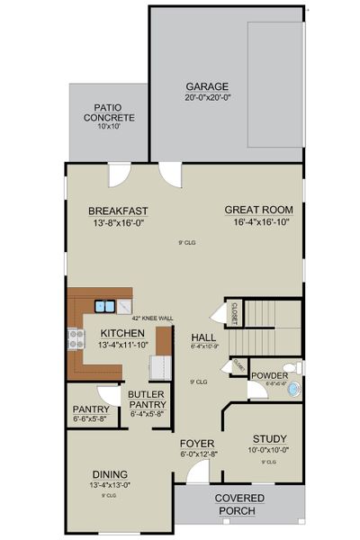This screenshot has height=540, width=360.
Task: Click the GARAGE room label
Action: [x=207, y=87]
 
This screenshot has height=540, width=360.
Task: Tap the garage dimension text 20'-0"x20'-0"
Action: [x=207, y=98]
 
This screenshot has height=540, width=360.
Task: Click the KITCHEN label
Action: [x=122, y=334]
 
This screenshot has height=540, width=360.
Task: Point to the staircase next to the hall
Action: [x=273, y=315]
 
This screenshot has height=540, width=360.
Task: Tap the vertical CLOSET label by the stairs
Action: [x=233, y=312]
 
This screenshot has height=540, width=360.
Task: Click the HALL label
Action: [x=201, y=338]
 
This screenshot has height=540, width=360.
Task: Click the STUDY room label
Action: [x=268, y=438]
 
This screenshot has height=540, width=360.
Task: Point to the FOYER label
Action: [x=196, y=444]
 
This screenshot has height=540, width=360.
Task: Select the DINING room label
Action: [x=109, y=474]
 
